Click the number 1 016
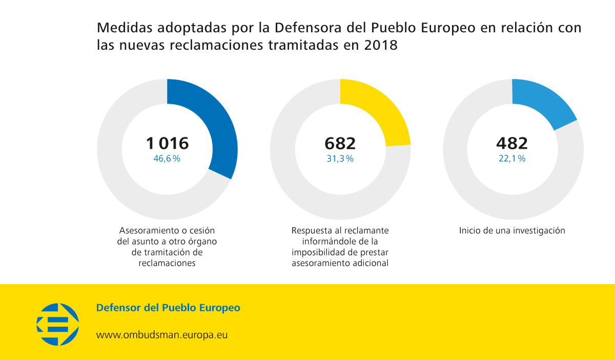[x=167, y=143]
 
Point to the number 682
[x=340, y=143]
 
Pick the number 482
[x=512, y=143]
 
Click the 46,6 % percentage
[x=167, y=159]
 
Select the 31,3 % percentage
[x=340, y=159]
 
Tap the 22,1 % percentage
[x=512, y=159]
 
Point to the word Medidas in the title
[x=124, y=27]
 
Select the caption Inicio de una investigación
[x=512, y=231]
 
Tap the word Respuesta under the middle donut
[x=313, y=231]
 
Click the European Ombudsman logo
[x=57, y=324]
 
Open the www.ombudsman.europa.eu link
[x=162, y=335]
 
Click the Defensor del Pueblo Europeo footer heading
[x=168, y=308]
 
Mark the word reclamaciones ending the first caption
[x=167, y=264]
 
